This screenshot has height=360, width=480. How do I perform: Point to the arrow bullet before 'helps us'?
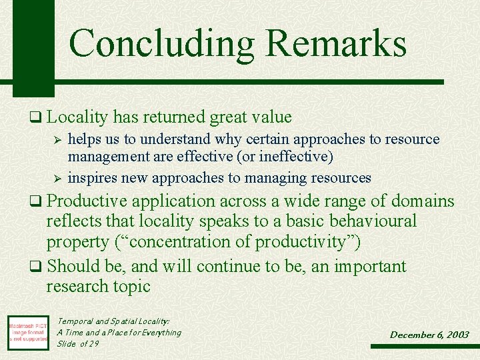[x=57, y=140]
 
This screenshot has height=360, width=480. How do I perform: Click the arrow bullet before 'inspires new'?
[x=57, y=179]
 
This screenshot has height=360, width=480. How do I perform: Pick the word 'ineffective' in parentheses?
[x=299, y=157]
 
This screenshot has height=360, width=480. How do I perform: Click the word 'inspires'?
[x=92, y=178]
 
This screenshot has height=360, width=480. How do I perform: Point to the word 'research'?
[x=75, y=287]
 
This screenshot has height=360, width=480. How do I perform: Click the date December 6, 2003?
[x=429, y=335]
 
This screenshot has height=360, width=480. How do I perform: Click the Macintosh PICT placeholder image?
[x=28, y=331]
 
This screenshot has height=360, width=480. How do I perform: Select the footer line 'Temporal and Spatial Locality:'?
[x=113, y=321]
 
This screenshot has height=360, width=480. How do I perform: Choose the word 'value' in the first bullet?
[x=272, y=117]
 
